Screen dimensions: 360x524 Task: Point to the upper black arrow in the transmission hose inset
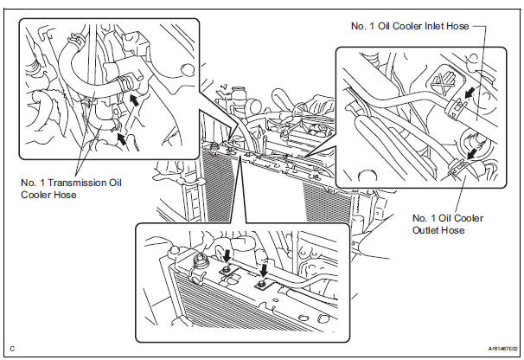click(x=134, y=100)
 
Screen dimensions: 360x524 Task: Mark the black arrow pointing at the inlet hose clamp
click(x=468, y=92)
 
